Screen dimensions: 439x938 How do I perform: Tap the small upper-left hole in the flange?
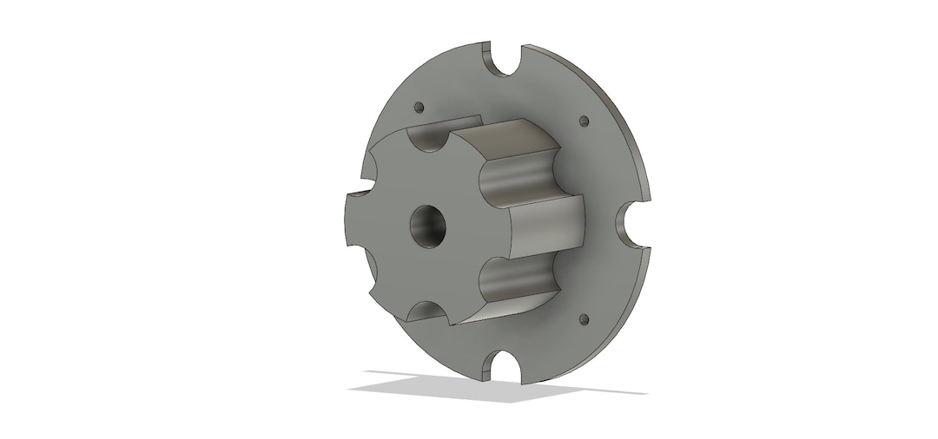419,108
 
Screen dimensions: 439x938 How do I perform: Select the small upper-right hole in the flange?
583,120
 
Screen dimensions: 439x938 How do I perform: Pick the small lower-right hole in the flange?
583,318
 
